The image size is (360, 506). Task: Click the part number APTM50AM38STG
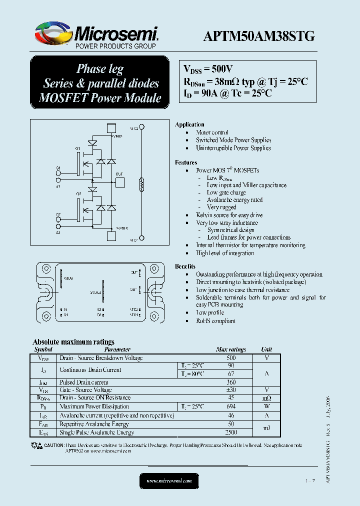259,36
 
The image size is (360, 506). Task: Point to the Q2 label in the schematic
78,193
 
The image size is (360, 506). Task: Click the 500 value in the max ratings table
231,358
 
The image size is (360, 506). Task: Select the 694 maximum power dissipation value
231,406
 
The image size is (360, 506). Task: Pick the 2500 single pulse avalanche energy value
231,432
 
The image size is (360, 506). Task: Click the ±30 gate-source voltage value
231,390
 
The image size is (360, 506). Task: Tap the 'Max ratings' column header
231,349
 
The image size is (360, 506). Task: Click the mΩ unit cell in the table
266,398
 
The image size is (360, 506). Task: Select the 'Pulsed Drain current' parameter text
84,382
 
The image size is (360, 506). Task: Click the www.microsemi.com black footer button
169,480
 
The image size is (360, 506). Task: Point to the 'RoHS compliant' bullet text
215,321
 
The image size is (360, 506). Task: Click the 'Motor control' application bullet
212,132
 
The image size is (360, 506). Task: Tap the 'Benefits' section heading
185,266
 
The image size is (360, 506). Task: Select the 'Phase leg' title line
99,69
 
